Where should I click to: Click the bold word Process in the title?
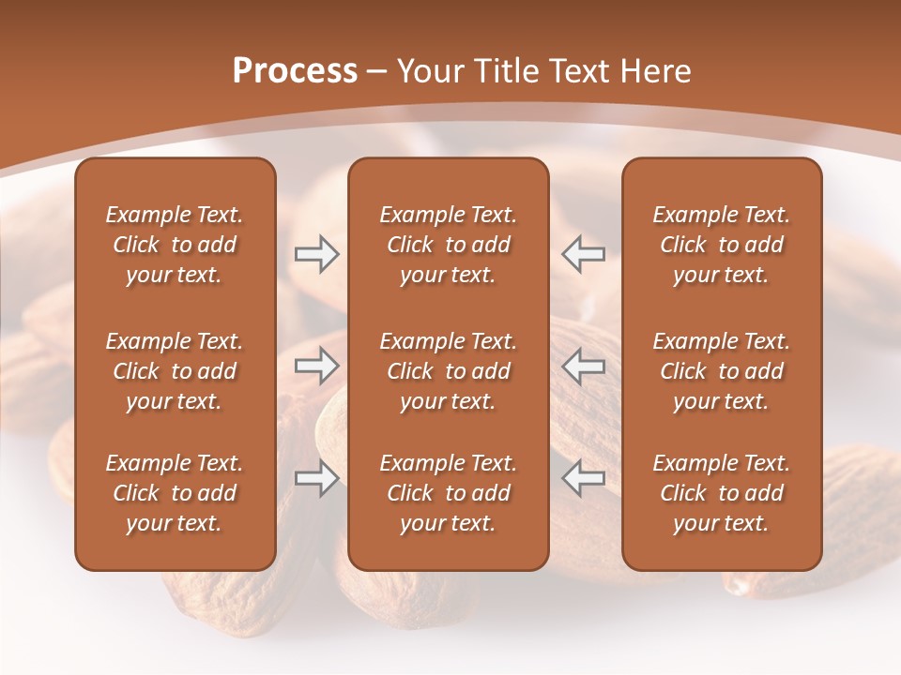[x=295, y=71]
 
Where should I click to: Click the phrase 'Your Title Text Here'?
[x=544, y=71]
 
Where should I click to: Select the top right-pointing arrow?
[x=316, y=254]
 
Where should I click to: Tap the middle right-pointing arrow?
[x=316, y=366]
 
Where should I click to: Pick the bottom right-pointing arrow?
[x=316, y=478]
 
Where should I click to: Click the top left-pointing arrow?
[x=583, y=254]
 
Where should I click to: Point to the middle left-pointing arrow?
[x=583, y=366]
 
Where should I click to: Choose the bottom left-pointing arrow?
[x=583, y=478]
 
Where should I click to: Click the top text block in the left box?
[x=175, y=245]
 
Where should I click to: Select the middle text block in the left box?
[x=175, y=371]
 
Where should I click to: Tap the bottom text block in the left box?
[x=175, y=493]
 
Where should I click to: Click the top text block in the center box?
[x=448, y=245]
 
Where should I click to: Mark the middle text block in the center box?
[x=448, y=371]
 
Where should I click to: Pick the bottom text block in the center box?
[x=448, y=493]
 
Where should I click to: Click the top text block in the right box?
[x=721, y=245]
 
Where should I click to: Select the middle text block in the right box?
[x=721, y=371]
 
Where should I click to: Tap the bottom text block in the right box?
[x=721, y=493]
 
